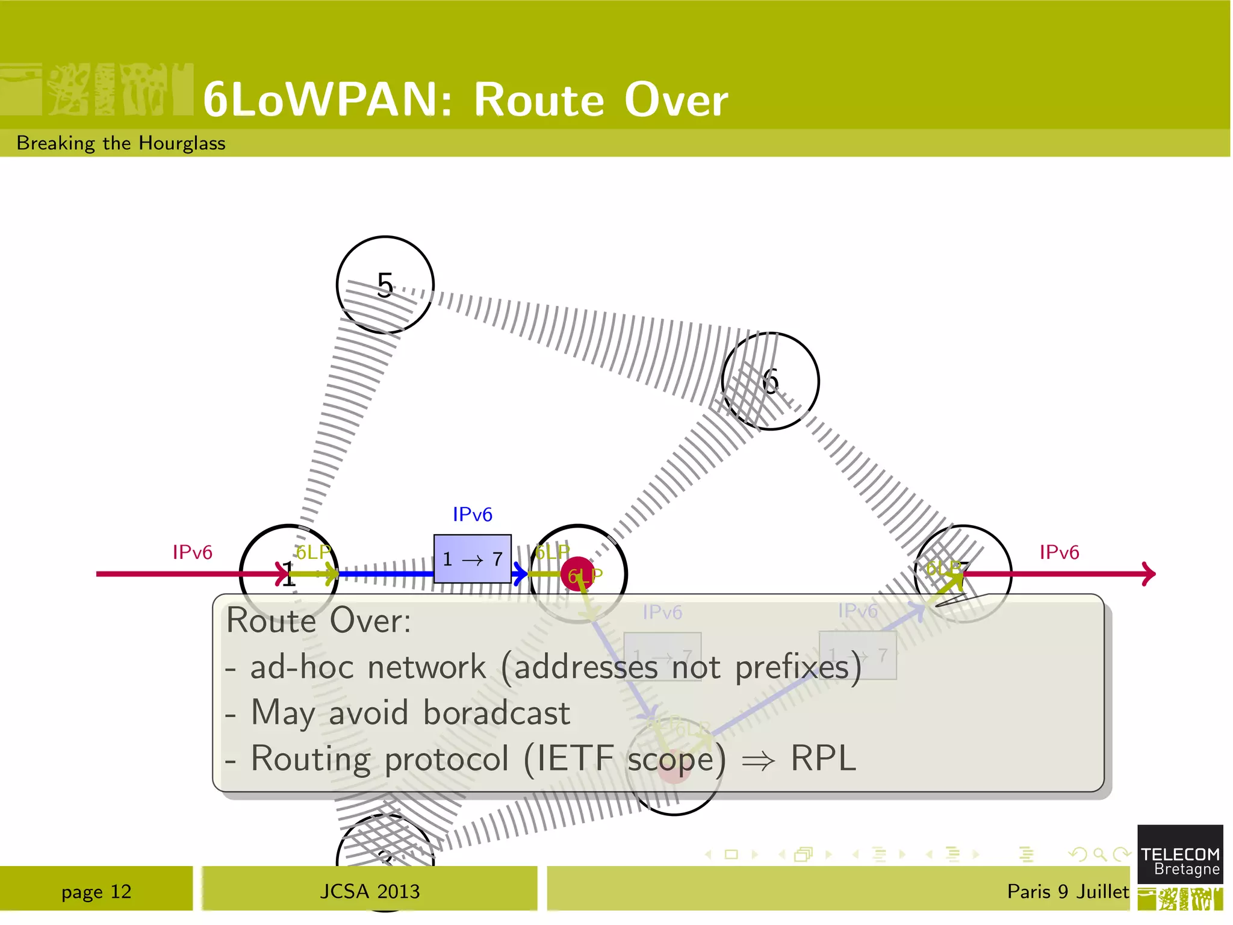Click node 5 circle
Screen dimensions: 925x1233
coord(385,284)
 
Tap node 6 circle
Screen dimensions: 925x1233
coord(770,381)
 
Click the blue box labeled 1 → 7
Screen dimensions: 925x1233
coord(473,559)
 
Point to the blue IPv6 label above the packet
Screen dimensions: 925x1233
coord(473,514)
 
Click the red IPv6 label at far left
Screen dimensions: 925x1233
coord(192,552)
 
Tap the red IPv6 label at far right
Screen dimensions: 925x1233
coord(1059,552)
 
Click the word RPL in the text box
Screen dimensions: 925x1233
coord(823,758)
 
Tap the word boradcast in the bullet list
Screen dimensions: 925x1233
coord(496,713)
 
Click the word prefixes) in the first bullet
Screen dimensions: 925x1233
coord(798,667)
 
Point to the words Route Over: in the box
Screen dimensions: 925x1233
coord(318,620)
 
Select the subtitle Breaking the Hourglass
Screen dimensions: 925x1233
coord(121,143)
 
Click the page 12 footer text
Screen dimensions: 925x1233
coord(96,891)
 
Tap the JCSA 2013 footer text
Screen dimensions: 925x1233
coord(370,891)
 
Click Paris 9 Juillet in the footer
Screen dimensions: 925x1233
coord(1067,891)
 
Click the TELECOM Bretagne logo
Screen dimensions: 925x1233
coord(1179,861)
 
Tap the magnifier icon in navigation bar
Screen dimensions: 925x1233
coord(1099,854)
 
